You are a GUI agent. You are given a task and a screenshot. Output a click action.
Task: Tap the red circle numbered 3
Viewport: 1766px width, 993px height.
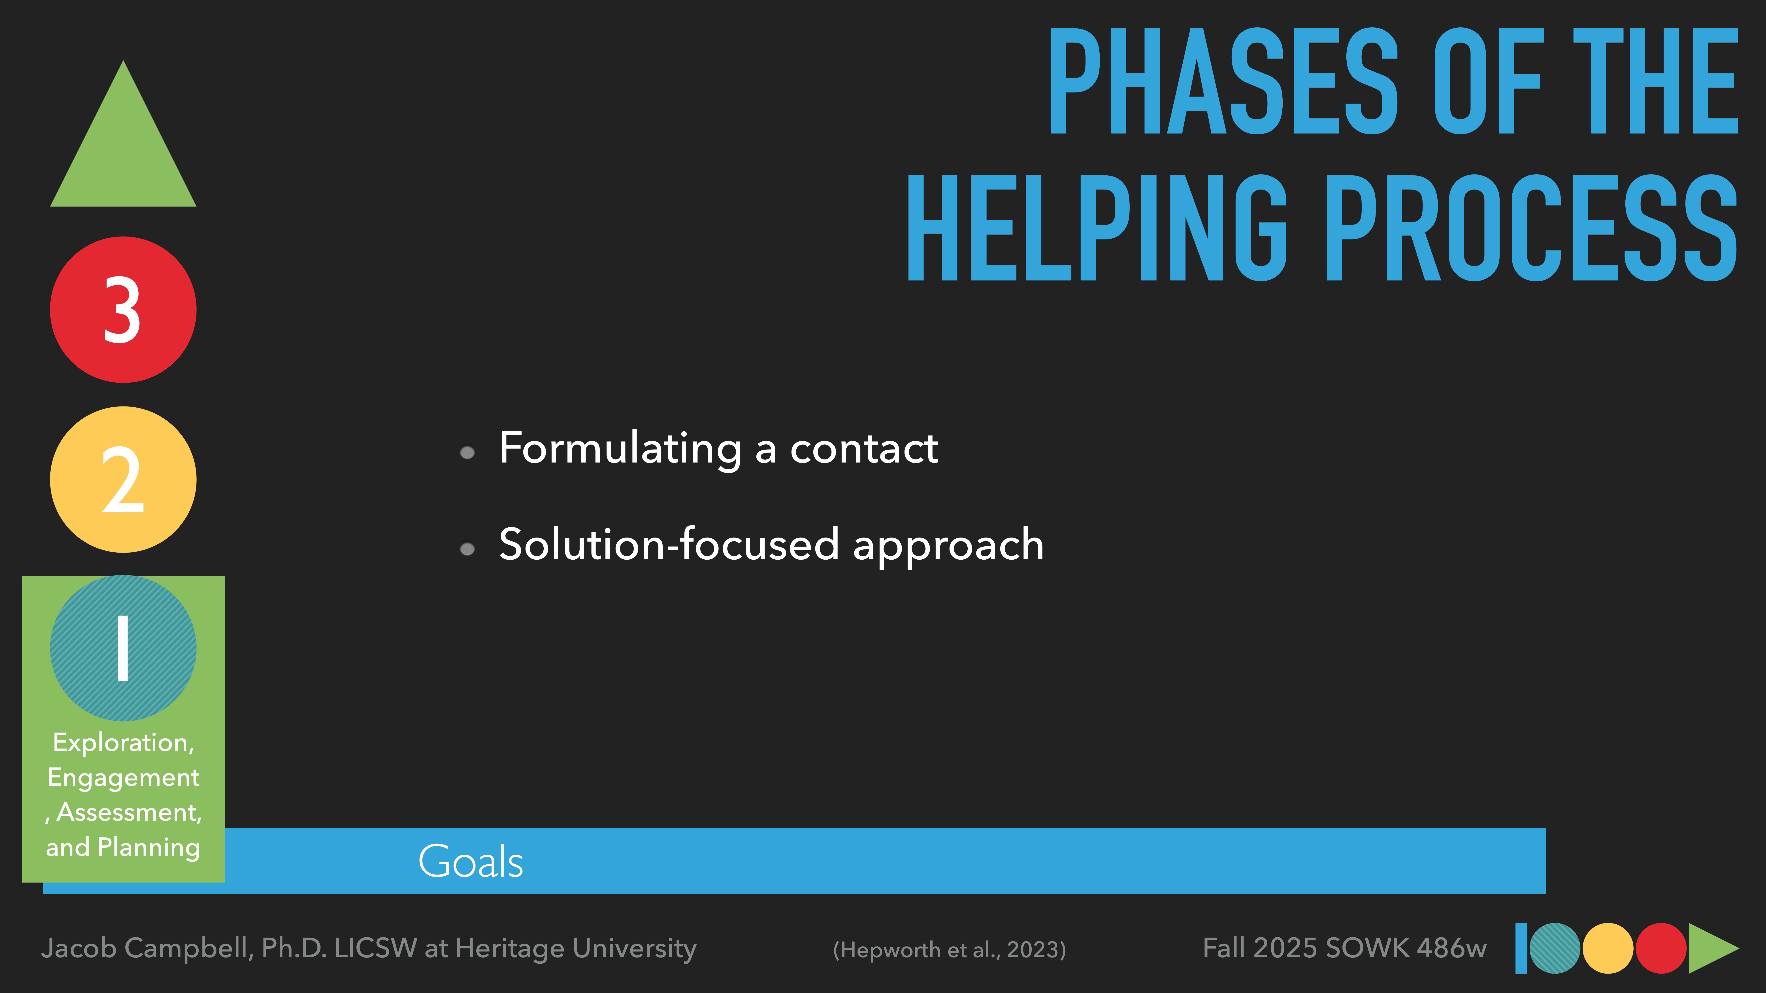point(123,310)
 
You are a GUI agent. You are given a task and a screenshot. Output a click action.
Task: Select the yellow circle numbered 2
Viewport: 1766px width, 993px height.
point(123,480)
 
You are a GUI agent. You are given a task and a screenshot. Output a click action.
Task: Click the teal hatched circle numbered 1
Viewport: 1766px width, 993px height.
point(123,648)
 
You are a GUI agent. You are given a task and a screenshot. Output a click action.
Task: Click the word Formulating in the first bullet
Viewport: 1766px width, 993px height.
point(620,449)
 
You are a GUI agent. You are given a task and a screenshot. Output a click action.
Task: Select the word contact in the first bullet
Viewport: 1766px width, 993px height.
point(864,449)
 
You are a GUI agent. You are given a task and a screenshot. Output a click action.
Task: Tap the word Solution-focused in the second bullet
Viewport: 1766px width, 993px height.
point(668,545)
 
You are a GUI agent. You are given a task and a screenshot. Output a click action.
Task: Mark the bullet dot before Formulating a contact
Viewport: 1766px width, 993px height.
point(467,452)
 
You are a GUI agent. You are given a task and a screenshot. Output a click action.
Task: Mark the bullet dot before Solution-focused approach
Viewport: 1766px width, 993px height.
point(467,549)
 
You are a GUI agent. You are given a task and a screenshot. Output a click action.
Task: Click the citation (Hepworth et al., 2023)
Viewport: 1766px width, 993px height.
point(950,950)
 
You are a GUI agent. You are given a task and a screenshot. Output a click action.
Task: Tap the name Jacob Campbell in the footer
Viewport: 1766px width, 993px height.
point(147,948)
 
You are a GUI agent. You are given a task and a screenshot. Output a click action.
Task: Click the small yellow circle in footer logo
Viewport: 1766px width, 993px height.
point(1608,948)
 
